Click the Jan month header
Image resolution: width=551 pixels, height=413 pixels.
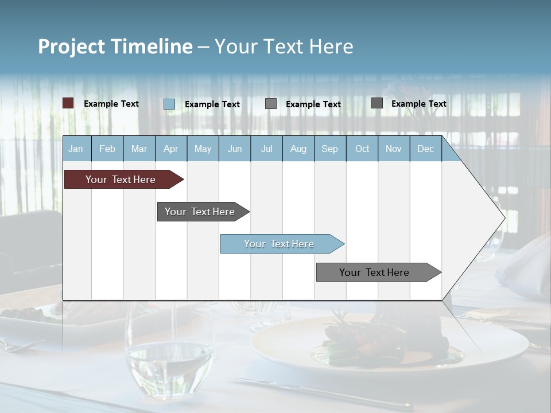(x=76, y=149)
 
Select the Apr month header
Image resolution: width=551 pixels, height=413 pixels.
(x=170, y=149)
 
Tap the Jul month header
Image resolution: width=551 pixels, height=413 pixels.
(x=266, y=149)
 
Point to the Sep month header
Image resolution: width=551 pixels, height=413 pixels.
(x=329, y=149)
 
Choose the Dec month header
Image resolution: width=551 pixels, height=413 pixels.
(x=425, y=149)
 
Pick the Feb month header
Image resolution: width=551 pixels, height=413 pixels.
(x=107, y=149)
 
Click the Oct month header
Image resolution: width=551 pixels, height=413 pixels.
(x=362, y=149)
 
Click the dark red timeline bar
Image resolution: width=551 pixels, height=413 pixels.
(x=121, y=180)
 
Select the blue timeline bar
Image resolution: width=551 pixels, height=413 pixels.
(x=280, y=244)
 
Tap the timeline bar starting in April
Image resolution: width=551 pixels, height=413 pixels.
(x=200, y=212)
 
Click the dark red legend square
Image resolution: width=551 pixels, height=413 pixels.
(x=68, y=103)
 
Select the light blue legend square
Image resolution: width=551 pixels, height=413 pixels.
(x=169, y=104)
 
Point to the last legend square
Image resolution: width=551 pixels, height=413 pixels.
(x=377, y=103)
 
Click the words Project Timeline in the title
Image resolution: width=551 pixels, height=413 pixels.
(x=115, y=46)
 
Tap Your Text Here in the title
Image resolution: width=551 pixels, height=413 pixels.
(x=284, y=46)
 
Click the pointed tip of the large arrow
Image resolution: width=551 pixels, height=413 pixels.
(x=504, y=217)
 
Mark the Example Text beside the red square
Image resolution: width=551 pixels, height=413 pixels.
(x=111, y=104)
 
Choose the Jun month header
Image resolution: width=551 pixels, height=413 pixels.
(x=235, y=149)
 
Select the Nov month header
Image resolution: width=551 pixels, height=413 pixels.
(x=394, y=149)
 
